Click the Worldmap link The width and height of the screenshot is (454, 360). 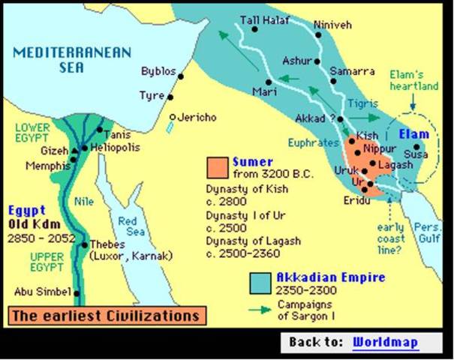point(385,341)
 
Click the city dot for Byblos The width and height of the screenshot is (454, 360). point(180,73)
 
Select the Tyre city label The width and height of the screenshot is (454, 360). point(151,95)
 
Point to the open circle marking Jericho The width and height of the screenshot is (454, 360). point(173,118)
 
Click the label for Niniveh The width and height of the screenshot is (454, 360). point(332,23)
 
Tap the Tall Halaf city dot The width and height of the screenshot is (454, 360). point(255,30)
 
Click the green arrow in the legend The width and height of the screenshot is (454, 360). point(260,307)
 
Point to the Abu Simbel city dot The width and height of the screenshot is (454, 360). point(74,292)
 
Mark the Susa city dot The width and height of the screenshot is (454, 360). point(408,154)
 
